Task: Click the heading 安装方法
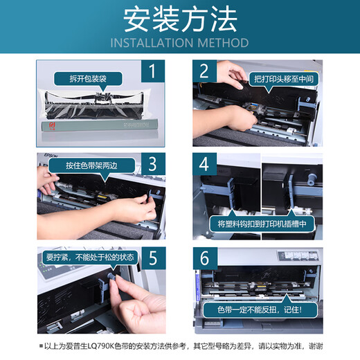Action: [x=180, y=21]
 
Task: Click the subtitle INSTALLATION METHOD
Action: [x=180, y=43]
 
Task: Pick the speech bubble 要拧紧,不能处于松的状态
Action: [x=91, y=257]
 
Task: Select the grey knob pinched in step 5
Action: [x=113, y=283]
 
